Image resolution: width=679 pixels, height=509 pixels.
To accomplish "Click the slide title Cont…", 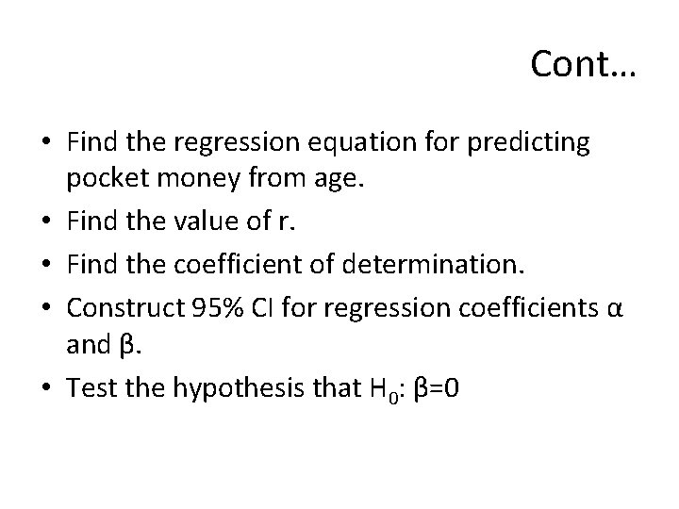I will point(583,64).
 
